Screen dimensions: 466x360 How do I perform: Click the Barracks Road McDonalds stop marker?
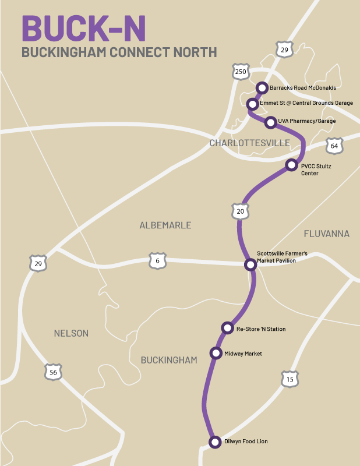[262, 88]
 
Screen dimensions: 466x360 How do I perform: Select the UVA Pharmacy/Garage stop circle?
[270, 122]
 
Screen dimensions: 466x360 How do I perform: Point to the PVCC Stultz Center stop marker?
[292, 165]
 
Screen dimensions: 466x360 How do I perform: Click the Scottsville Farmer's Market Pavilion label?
[282, 257]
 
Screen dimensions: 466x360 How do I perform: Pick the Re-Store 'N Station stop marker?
[228, 329]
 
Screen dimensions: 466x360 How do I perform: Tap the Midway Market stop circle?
[216, 353]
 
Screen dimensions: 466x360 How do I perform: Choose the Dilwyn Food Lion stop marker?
[214, 441]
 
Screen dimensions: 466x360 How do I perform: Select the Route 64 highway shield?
[334, 146]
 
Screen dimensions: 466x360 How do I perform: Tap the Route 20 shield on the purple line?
[241, 211]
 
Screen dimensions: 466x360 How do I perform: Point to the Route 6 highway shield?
[157, 261]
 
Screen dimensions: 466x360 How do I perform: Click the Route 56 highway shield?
[53, 372]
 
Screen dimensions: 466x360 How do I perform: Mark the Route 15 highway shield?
[290, 380]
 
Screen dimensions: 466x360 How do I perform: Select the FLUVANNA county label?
[326, 234]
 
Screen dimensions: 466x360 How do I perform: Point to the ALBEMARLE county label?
[165, 225]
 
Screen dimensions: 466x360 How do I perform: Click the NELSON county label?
[71, 333]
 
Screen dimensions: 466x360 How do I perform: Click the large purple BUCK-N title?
[84, 27]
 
